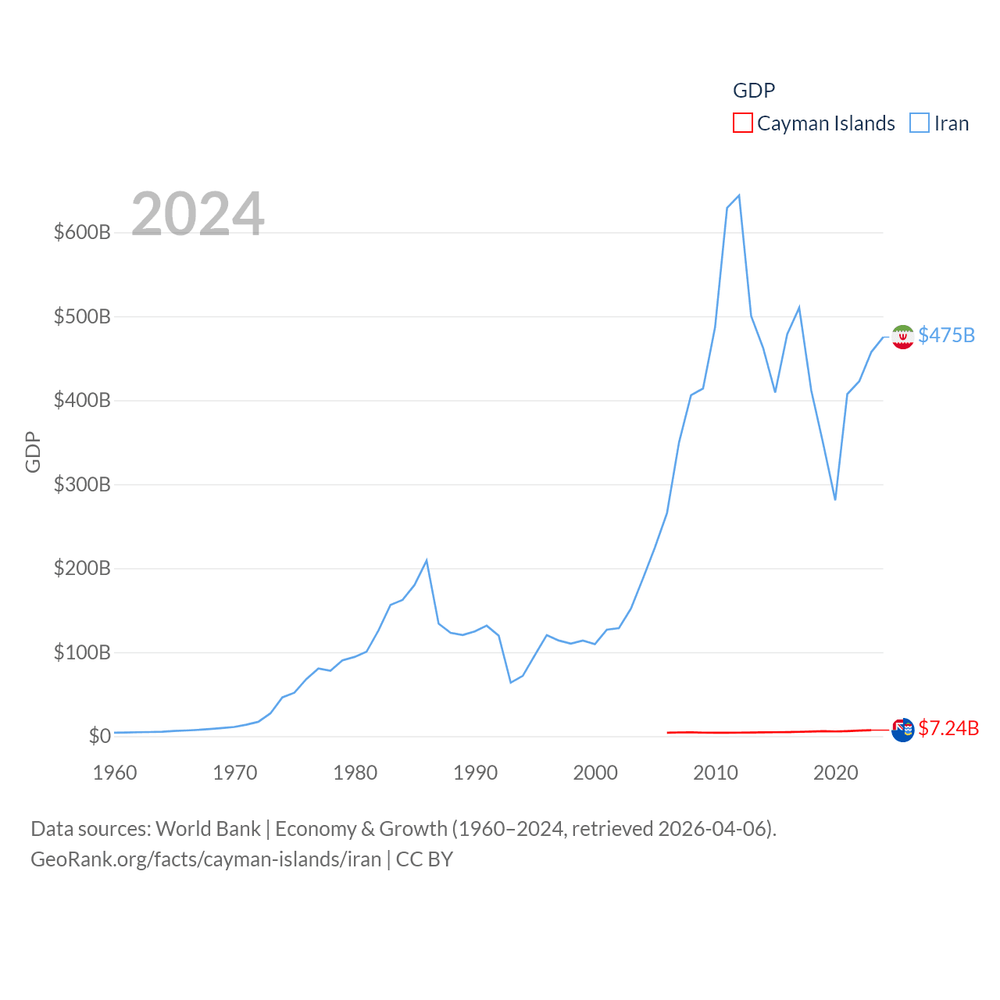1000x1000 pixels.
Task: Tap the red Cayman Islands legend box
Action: (743, 123)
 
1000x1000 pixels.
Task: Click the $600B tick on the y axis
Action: (82, 232)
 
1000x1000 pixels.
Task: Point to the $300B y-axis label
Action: (82, 484)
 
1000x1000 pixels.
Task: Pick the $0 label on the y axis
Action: (99, 736)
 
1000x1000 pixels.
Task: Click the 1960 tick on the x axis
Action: (115, 773)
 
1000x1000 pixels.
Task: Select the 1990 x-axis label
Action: (475, 773)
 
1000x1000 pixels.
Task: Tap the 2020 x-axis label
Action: (835, 773)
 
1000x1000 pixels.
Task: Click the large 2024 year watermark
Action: (198, 213)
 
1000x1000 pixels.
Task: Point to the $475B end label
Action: (946, 335)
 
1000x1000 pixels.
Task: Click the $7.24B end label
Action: (948, 728)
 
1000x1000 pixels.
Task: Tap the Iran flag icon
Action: (902, 337)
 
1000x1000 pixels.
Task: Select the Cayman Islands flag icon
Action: (902, 730)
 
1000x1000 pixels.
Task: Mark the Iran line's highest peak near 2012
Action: (739, 195)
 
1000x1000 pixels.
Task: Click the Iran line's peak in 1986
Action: (427, 560)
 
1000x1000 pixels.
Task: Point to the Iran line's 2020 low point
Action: (835, 499)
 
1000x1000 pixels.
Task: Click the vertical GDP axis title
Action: (33, 452)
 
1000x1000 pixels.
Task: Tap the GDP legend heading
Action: (754, 91)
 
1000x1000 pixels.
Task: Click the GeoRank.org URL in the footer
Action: (205, 859)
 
